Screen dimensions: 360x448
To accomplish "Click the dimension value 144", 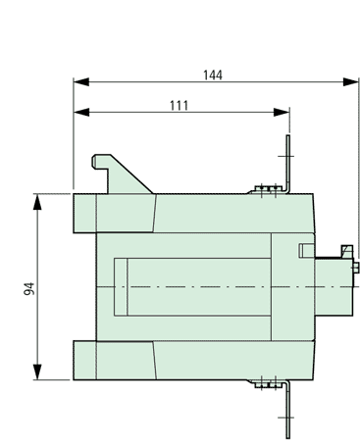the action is coord(213,75).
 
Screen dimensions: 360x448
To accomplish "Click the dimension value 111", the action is coord(180,106).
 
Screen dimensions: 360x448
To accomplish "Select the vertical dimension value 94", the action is coord(29,288).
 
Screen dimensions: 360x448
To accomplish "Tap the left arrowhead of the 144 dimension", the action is coord(81,81).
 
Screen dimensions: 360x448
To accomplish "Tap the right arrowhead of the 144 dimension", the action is coord(351,81).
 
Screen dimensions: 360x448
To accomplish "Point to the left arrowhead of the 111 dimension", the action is coord(81,113).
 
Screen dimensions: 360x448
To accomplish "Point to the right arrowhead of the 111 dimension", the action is coord(282,113).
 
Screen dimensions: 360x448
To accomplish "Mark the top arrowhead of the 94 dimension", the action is coord(38,202).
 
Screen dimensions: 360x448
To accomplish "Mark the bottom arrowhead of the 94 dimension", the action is coord(38,372).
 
